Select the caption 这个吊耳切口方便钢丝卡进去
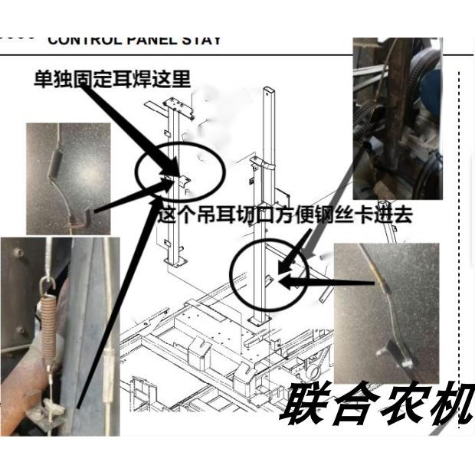pos(285,215)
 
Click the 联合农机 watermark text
pos(375,404)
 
